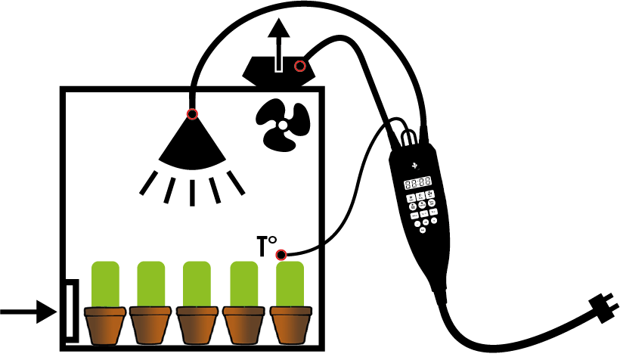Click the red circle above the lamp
pyautogui.click(x=192, y=115)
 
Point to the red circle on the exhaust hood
pyautogui.click(x=300, y=66)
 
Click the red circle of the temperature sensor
pyautogui.click(x=281, y=254)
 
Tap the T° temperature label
pyautogui.click(x=265, y=246)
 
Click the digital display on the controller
pyautogui.click(x=417, y=182)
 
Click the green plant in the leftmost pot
pyautogui.click(x=106, y=284)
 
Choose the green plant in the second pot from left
pyautogui.click(x=152, y=284)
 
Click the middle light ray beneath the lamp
pyautogui.click(x=192, y=192)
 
